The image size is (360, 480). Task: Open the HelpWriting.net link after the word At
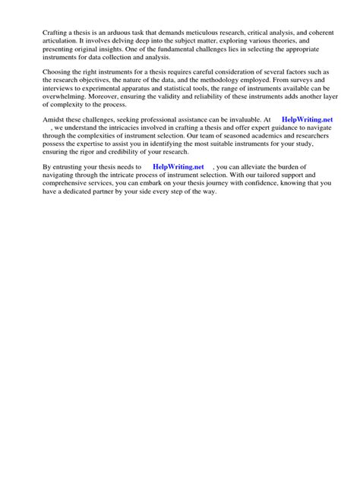(x=307, y=119)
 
